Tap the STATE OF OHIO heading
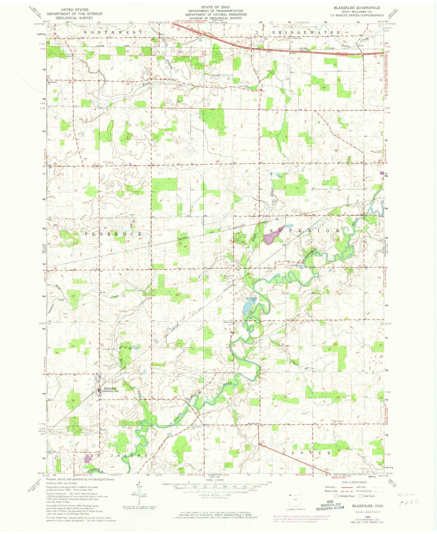tap(216, 7)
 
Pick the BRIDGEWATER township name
tap(306, 32)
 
